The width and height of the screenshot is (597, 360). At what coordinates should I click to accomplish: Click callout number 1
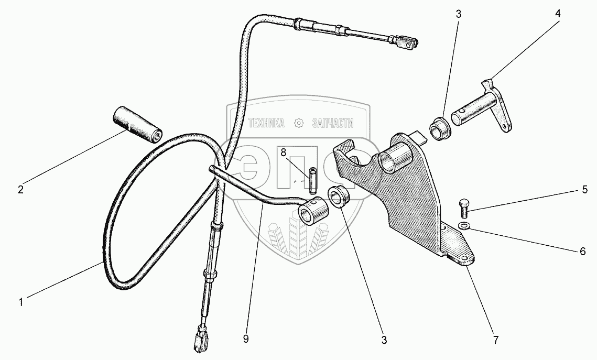pos(21,302)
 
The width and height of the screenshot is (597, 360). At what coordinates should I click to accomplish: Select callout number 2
pos(20,190)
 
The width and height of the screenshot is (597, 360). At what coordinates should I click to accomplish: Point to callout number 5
pos(585,191)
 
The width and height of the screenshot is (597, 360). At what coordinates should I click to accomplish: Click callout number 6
pos(582,252)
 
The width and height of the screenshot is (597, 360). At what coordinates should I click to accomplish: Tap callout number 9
pos(246,339)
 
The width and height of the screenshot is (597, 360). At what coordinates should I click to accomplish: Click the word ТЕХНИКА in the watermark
pos(266,123)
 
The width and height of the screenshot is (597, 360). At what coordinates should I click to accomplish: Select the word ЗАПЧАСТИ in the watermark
pos(332,123)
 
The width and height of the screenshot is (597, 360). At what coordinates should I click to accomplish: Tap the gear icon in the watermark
pos(299,123)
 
